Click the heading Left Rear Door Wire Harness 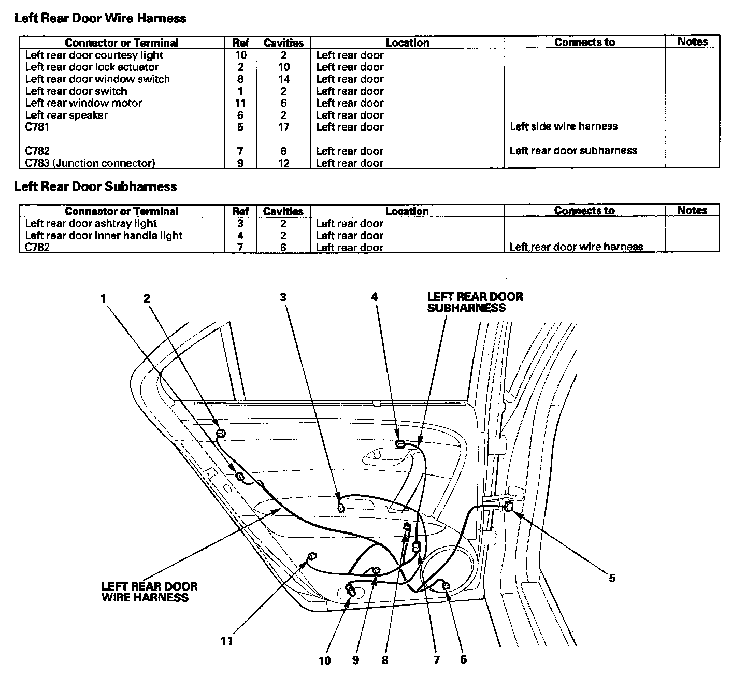pyautogui.click(x=100, y=18)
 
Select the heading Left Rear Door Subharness pyautogui.click(x=95, y=186)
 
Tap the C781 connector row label pyautogui.click(x=37, y=127)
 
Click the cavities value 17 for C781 pyautogui.click(x=283, y=127)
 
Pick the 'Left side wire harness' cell pyautogui.click(x=564, y=126)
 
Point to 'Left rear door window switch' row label pyautogui.click(x=97, y=79)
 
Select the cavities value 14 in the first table pyautogui.click(x=283, y=79)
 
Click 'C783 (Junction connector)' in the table pyautogui.click(x=90, y=163)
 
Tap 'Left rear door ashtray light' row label pyautogui.click(x=91, y=223)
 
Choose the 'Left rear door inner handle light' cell pyautogui.click(x=104, y=235)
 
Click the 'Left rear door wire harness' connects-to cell pyautogui.click(x=576, y=247)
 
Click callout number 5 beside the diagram pyautogui.click(x=612, y=578)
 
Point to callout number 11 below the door pyautogui.click(x=226, y=641)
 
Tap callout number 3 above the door pyautogui.click(x=283, y=297)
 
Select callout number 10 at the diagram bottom pyautogui.click(x=324, y=660)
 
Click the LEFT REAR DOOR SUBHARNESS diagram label pyautogui.click(x=475, y=303)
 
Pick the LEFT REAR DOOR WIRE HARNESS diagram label pyautogui.click(x=149, y=592)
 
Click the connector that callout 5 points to pyautogui.click(x=509, y=507)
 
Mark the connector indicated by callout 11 pyautogui.click(x=312, y=557)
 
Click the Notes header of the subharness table pyautogui.click(x=692, y=210)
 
